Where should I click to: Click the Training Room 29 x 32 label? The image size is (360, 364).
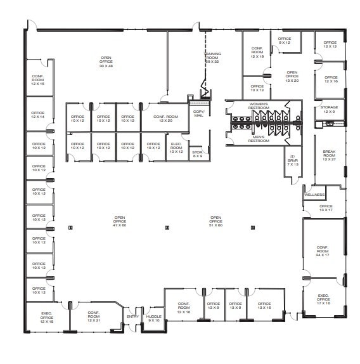click(212, 58)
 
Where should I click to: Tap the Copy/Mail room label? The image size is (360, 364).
click(198, 114)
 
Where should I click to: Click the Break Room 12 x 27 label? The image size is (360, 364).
click(328, 155)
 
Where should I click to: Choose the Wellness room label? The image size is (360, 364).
click(314, 195)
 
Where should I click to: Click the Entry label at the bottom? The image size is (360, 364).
click(132, 316)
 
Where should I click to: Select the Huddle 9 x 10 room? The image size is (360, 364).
click(153, 318)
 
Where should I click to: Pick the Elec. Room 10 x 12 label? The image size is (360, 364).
click(177, 146)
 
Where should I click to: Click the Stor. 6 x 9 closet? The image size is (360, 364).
click(196, 153)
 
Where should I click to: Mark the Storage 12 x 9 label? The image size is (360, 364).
click(329, 109)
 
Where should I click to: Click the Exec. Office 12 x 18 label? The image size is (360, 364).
click(47, 320)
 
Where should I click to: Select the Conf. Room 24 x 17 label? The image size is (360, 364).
click(323, 252)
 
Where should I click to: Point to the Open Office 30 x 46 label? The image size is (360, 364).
click(106, 62)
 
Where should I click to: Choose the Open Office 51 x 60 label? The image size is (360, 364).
click(216, 221)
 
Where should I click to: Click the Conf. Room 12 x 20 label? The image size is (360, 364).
click(166, 119)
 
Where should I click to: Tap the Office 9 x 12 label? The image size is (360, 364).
click(285, 41)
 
